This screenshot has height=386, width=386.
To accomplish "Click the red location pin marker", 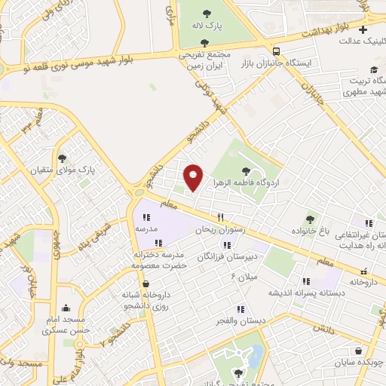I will [194, 177].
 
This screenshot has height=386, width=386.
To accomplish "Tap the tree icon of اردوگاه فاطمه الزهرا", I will [247, 170].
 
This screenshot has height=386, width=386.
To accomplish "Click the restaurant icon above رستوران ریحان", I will [221, 217].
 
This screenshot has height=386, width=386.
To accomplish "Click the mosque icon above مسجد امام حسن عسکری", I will [66, 308].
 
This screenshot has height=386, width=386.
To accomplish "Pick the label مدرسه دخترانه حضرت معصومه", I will [158, 260].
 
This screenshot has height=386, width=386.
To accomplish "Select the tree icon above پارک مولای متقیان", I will [72, 158].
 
